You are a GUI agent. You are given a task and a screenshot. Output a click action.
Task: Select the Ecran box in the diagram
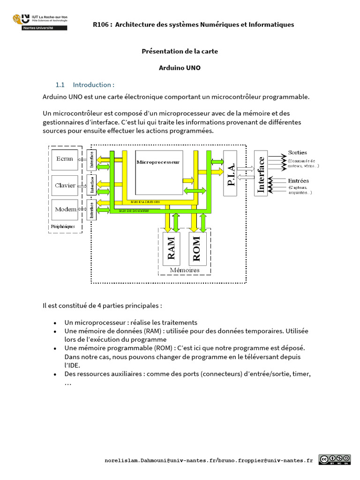[x=65, y=159]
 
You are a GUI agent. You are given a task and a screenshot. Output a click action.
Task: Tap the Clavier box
[x=65, y=186]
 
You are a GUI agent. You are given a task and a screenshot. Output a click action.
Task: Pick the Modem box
[x=65, y=209]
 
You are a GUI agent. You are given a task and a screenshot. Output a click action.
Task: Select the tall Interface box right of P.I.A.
[x=261, y=173]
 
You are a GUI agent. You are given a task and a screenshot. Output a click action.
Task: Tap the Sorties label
[x=297, y=152]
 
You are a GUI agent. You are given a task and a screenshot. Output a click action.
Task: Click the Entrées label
[x=298, y=181]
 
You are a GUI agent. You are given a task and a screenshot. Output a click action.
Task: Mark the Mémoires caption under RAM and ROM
[x=184, y=270]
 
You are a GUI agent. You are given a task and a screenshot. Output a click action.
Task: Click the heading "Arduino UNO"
[x=180, y=67]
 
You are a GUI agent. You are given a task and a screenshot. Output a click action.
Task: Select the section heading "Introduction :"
[x=93, y=85]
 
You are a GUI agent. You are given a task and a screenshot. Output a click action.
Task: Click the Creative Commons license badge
[x=334, y=459]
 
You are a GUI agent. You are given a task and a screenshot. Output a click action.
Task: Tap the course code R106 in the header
[x=101, y=24]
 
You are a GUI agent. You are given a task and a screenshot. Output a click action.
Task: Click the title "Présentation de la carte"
[x=180, y=51]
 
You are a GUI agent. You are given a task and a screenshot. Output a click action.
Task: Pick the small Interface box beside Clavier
[x=92, y=186]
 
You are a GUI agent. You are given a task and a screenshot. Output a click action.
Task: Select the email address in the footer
[x=208, y=460]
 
